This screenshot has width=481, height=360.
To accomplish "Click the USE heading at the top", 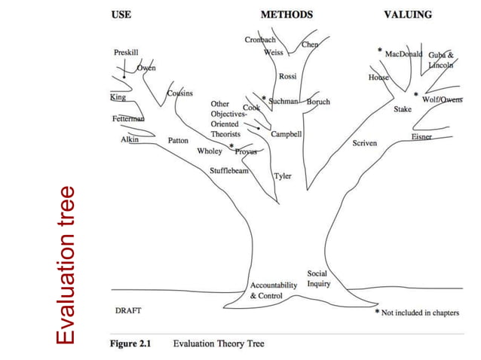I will pos(121,14).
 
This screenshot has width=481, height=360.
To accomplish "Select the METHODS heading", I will pos(286,14).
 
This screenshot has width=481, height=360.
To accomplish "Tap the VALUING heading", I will pos(407,14).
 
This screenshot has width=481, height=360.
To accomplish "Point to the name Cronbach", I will pos(259,39).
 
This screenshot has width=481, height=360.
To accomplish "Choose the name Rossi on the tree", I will pos(287,77).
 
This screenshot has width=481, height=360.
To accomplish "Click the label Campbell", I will pos(286,134).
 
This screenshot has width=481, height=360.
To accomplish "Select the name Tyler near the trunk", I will pos(282,176).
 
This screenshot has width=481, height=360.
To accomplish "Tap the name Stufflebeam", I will pos(229,170).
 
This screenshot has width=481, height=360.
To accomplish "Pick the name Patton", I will pos(178,141).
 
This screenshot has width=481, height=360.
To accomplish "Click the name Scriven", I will pos(365,143).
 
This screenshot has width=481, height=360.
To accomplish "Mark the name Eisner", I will pos(421,136).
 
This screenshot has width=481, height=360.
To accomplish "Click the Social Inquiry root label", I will pos(317,279).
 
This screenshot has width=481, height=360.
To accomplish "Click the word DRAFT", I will pos(127,310).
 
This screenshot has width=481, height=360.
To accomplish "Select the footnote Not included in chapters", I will pos(420,313).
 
